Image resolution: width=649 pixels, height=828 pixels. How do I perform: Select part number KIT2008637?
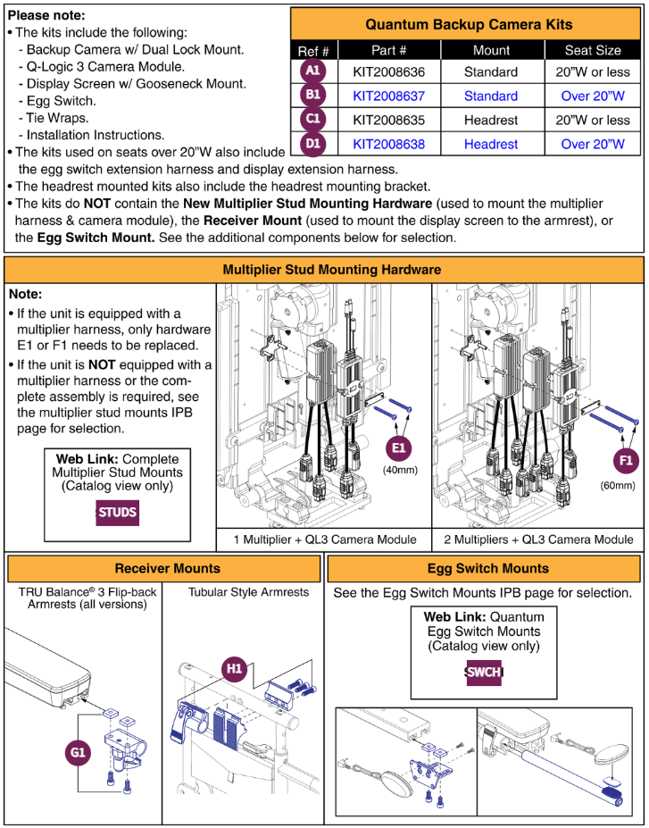tap(388, 96)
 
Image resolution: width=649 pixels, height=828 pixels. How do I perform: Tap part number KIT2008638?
tap(388, 144)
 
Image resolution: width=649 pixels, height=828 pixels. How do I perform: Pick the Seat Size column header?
tap(592, 50)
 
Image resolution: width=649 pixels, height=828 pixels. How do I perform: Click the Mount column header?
tap(491, 50)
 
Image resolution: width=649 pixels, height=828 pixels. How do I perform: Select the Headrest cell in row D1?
tap(491, 144)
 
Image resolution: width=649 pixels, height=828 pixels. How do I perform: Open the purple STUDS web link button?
tap(117, 513)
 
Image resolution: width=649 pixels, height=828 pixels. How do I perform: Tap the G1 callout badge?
tap(78, 754)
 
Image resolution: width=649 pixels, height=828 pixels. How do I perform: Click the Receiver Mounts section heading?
tap(167, 568)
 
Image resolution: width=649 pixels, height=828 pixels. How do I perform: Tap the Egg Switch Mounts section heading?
tap(483, 568)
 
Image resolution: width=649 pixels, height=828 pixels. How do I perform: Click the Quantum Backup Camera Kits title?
tap(469, 24)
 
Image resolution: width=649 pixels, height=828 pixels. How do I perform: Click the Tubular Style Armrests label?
tap(248, 591)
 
